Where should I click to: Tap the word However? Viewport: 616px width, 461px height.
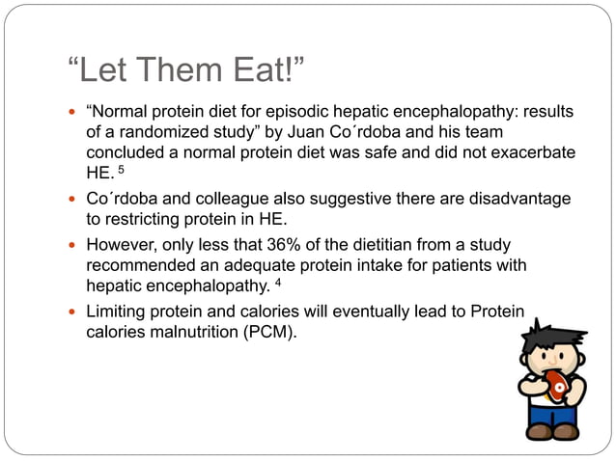click(x=124, y=244)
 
